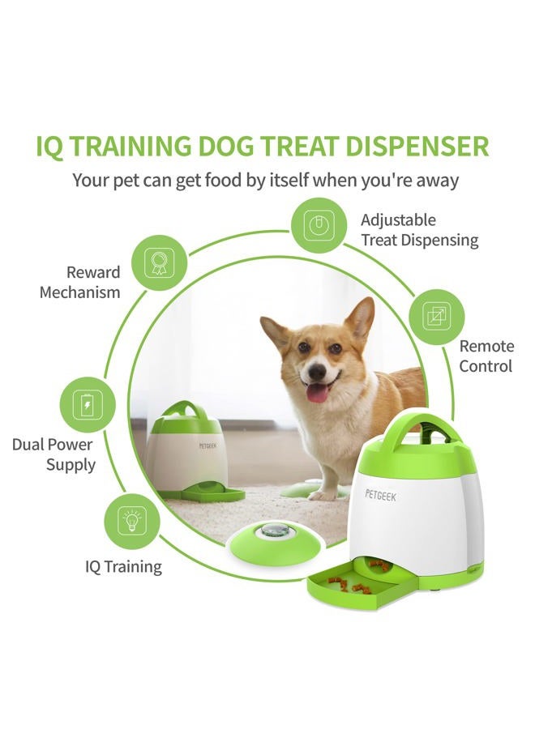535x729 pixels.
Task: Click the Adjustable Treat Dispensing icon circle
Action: [x=319, y=226]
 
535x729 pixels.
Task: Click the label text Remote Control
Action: [x=486, y=356]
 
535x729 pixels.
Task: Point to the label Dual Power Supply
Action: [x=53, y=454]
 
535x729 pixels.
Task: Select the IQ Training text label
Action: [x=123, y=566]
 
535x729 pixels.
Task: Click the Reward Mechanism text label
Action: [x=79, y=282]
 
